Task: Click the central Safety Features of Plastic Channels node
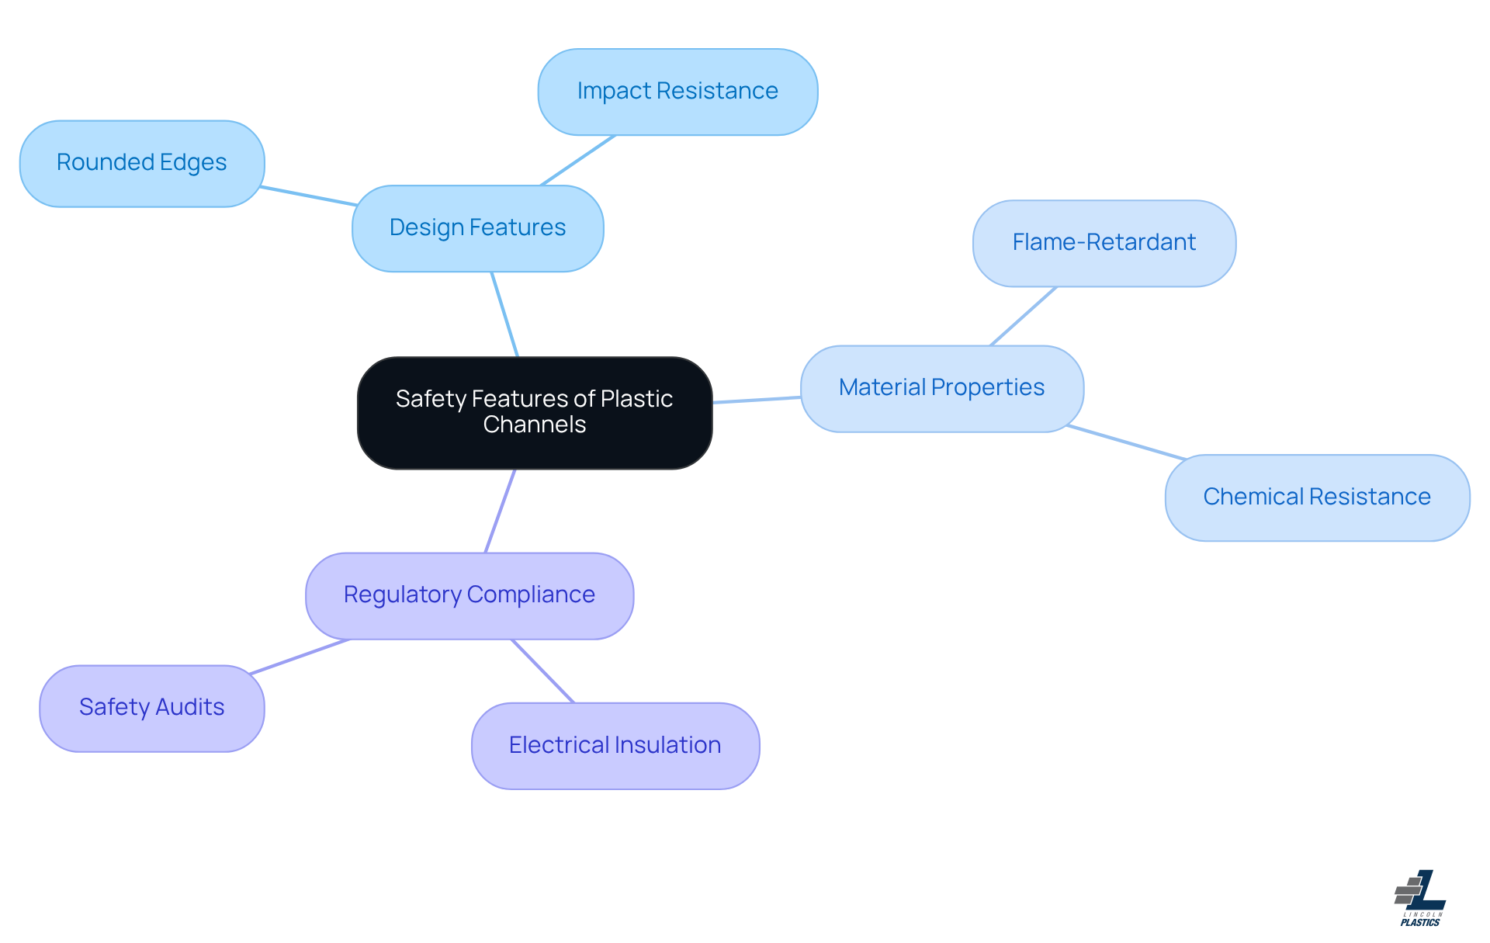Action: pyautogui.click(x=535, y=412)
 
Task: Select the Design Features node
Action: pyautogui.click(x=477, y=228)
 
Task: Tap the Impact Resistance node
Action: pyautogui.click(x=677, y=92)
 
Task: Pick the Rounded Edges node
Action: pyautogui.click(x=142, y=163)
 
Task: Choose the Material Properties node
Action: pyautogui.click(x=941, y=388)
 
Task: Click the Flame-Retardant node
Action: pyautogui.click(x=1104, y=243)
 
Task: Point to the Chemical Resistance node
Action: pyautogui.click(x=1317, y=498)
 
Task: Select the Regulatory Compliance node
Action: pyautogui.click(x=470, y=595)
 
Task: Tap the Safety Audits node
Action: pyautogui.click(x=152, y=708)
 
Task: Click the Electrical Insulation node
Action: pyautogui.click(x=615, y=746)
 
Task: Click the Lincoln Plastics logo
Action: pyautogui.click(x=1420, y=898)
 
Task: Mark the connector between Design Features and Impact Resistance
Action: pyautogui.click(x=578, y=161)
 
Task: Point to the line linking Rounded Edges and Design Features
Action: pyautogui.click(x=308, y=196)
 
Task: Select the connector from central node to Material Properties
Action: pyautogui.click(x=757, y=400)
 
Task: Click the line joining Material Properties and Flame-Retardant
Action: pyautogui.click(x=1024, y=316)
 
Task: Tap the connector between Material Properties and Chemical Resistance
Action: pyautogui.click(x=1125, y=442)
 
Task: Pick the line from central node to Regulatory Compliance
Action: pyautogui.click(x=501, y=511)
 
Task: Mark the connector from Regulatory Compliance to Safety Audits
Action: pyautogui.click(x=300, y=657)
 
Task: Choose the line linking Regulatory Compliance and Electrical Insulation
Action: pyautogui.click(x=542, y=671)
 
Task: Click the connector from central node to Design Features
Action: pyautogui.click(x=504, y=314)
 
